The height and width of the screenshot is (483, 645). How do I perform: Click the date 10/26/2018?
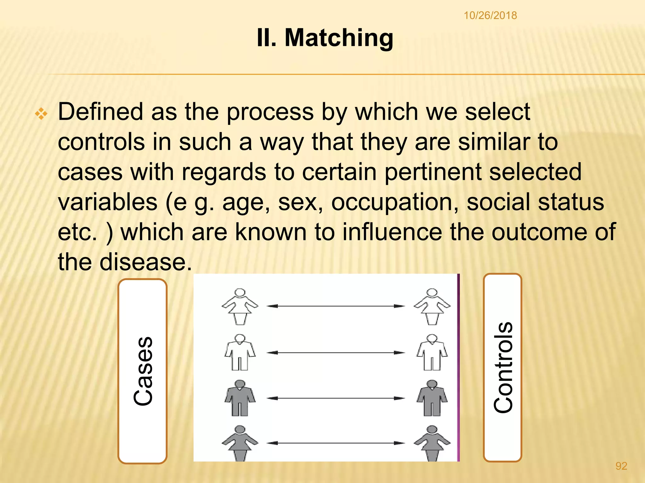pyautogui.click(x=490, y=15)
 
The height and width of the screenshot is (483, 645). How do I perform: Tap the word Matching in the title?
pyautogui.click(x=339, y=38)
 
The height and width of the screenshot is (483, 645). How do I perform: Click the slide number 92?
pyautogui.click(x=621, y=466)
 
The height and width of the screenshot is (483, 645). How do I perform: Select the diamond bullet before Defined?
pyautogui.click(x=41, y=114)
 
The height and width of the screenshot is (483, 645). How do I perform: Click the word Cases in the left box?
pyautogui.click(x=143, y=371)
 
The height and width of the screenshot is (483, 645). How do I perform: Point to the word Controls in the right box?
pyautogui.click(x=503, y=367)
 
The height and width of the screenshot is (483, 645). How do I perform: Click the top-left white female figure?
pyautogui.click(x=240, y=306)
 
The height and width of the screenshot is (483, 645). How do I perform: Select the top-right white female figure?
pyautogui.click(x=432, y=306)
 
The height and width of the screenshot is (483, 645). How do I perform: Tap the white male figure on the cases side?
pyautogui.click(x=240, y=352)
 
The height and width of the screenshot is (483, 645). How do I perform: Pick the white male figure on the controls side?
pyautogui.click(x=432, y=352)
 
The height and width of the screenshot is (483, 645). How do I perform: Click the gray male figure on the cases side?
pyautogui.click(x=240, y=398)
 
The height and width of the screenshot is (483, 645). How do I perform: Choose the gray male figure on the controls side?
pyautogui.click(x=432, y=398)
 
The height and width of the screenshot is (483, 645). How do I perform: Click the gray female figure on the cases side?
pyautogui.click(x=240, y=443)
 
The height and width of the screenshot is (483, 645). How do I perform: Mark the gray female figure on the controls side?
pyautogui.click(x=432, y=443)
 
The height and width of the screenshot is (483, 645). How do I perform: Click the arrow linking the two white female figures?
pyautogui.click(x=336, y=306)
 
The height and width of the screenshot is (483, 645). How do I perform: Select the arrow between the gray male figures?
pyautogui.click(x=336, y=398)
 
